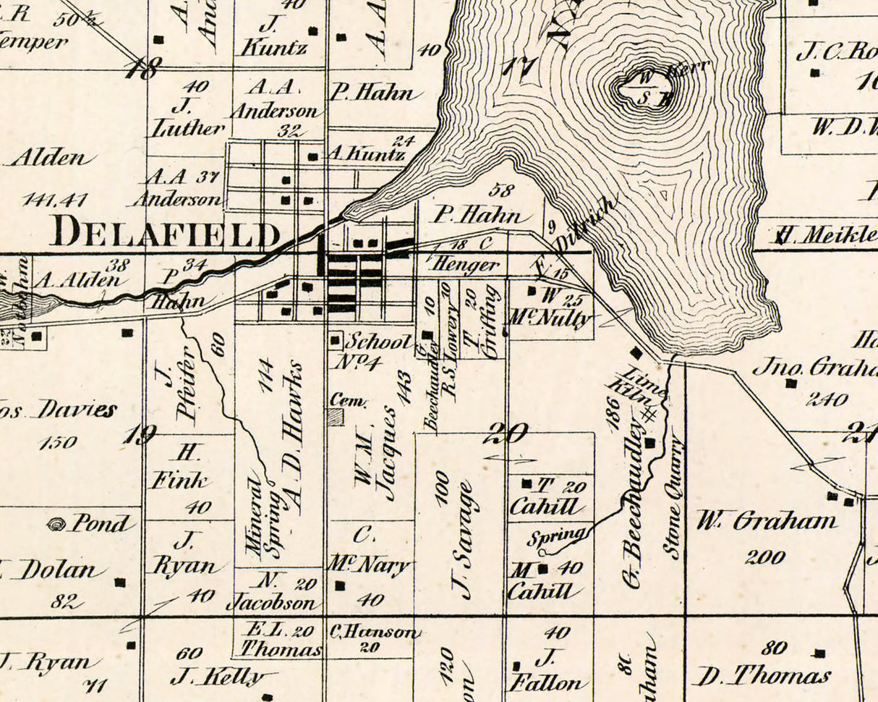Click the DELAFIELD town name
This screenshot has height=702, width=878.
point(166,233)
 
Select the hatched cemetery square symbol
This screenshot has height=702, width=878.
point(336,416)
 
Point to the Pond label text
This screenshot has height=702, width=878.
point(101,523)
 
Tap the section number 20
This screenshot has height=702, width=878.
point(506,434)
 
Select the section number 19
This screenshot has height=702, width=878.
point(139,435)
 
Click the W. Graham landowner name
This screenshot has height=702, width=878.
point(765,521)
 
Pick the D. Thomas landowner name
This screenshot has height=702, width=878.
point(762,676)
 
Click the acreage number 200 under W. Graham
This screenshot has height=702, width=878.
point(764,557)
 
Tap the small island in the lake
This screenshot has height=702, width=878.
point(644,89)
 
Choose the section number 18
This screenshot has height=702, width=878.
point(142,69)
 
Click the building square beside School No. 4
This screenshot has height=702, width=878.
point(336,339)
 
